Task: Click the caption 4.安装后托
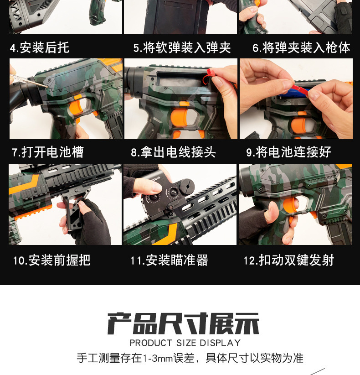(x=40, y=47)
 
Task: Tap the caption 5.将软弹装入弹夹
(x=182, y=47)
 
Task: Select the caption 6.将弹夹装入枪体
(x=301, y=47)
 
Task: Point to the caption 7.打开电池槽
(x=47, y=152)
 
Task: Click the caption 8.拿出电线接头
(x=173, y=152)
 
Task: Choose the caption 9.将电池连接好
(x=288, y=152)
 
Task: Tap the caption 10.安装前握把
(x=51, y=260)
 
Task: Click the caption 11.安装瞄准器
(x=169, y=260)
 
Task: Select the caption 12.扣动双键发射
(x=288, y=260)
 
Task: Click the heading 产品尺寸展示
(x=183, y=323)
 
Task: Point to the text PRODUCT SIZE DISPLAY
(x=185, y=343)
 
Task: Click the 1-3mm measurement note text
(x=190, y=358)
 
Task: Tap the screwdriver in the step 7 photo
(x=29, y=80)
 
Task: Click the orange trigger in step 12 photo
(x=290, y=205)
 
